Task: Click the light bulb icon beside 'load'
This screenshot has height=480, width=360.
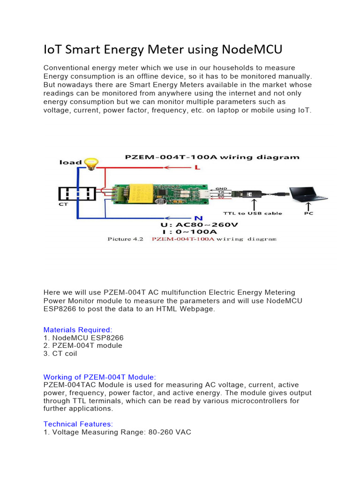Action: coord(91,163)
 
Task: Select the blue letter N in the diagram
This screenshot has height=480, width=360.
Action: coord(198,217)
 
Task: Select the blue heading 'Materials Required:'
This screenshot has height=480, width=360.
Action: coord(78,330)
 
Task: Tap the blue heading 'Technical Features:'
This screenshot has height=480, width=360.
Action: coord(78,424)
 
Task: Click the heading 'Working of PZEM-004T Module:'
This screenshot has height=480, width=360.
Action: coord(99,377)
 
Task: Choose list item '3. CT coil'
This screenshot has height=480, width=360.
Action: coord(60,353)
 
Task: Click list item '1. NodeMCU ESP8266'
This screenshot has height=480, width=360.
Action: coord(83,338)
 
